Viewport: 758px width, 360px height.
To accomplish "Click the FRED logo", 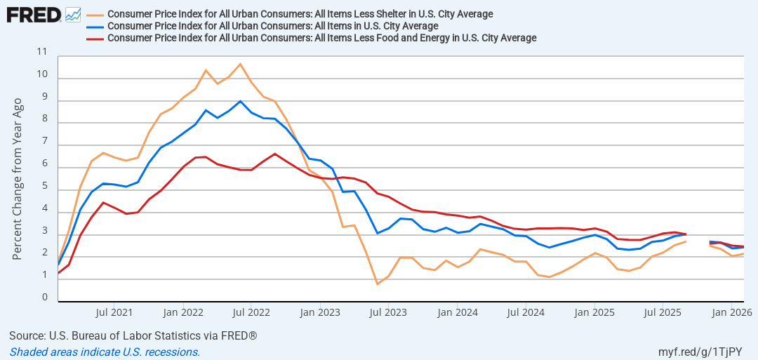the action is pos(34,15).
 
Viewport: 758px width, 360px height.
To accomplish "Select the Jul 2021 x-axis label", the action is pos(113,312).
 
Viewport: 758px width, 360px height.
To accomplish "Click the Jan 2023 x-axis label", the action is pos(320,312).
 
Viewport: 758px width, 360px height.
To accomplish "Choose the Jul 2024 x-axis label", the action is pos(526,312).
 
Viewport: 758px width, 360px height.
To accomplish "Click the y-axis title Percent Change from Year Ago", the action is pos(18,179).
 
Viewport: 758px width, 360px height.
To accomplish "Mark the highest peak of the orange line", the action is pos(240,64).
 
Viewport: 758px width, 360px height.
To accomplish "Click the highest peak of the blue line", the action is pos(240,101).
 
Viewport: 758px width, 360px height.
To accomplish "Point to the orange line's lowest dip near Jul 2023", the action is pos(377,284).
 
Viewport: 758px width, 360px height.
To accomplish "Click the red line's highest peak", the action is pos(274,154).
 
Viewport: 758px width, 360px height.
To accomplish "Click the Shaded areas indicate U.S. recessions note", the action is pos(105,352).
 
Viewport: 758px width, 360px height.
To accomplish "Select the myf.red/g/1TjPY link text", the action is pos(700,352).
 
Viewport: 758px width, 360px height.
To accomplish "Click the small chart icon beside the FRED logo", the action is pos(73,15).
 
